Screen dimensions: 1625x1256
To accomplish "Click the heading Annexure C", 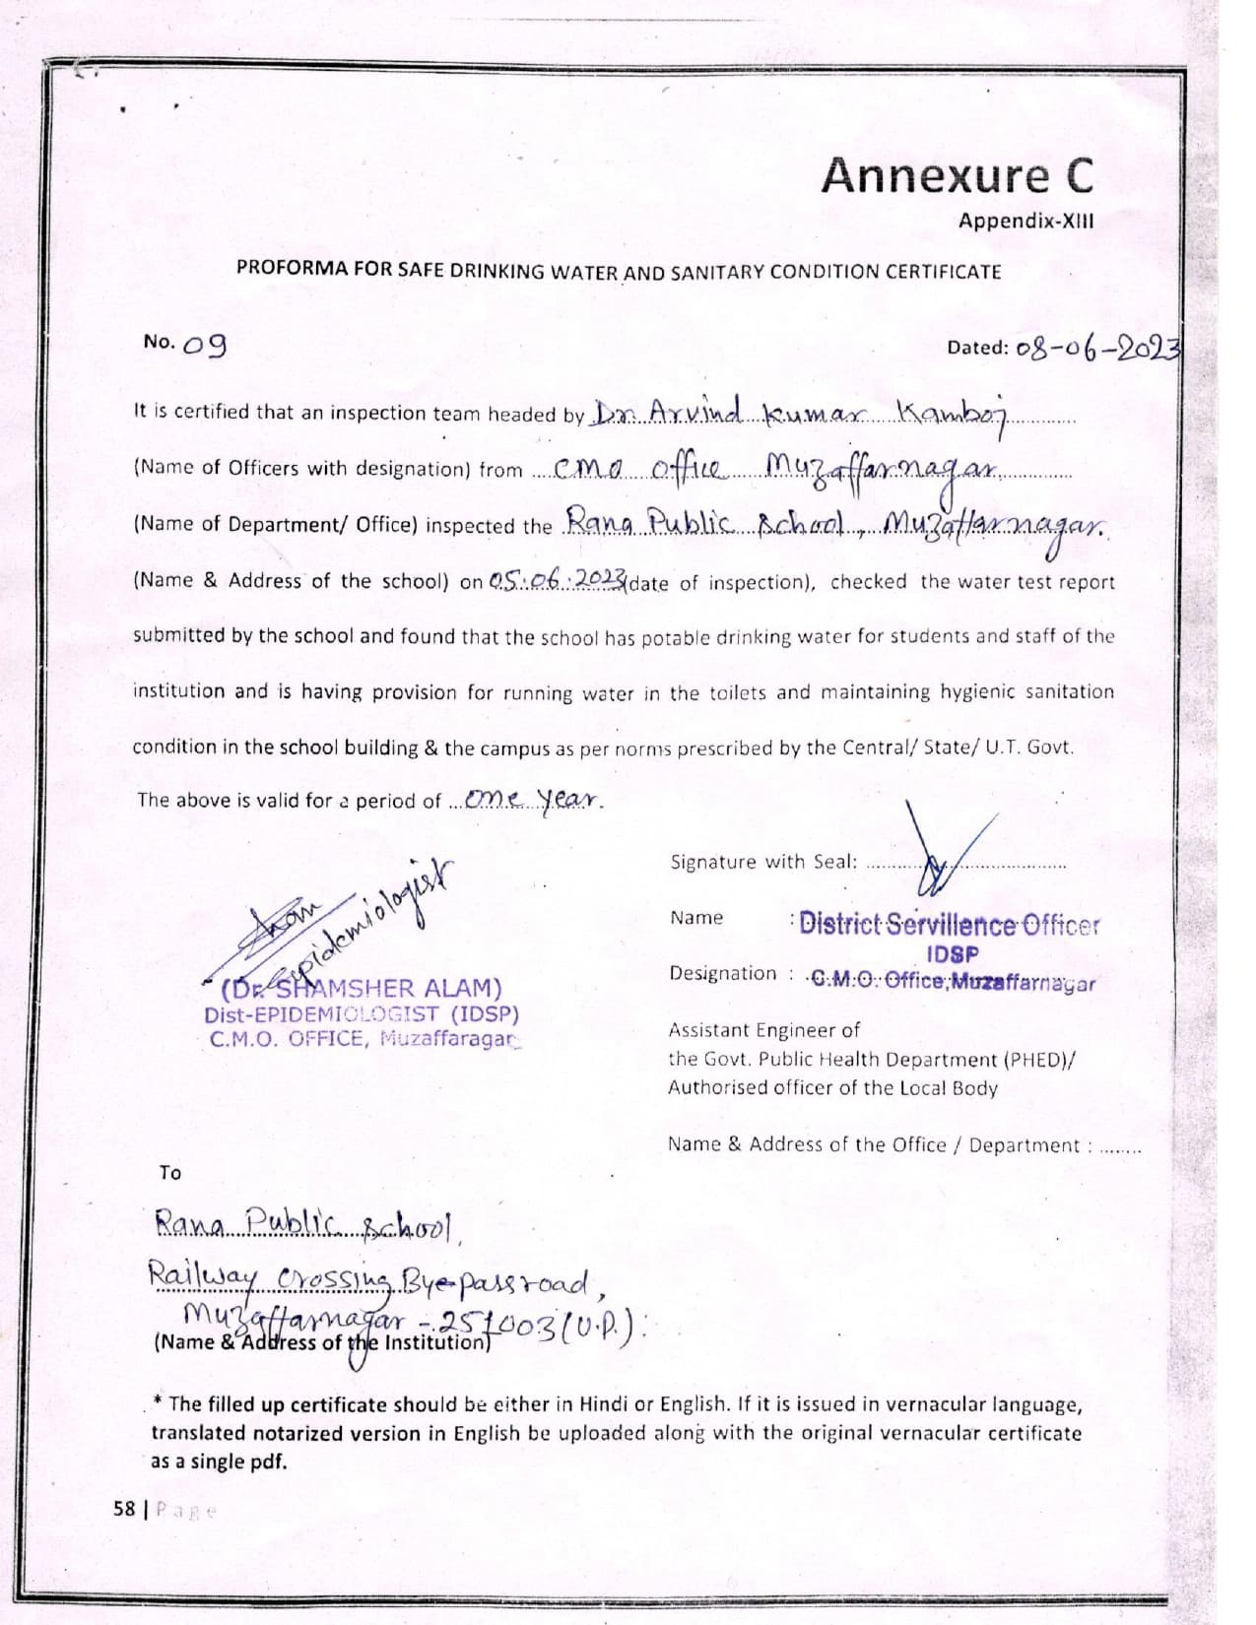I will (957, 176).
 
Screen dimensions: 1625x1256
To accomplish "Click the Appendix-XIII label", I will (1025, 221).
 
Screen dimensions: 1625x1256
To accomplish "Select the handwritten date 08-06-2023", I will (1097, 348).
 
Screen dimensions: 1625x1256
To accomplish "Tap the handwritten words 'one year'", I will (532, 799).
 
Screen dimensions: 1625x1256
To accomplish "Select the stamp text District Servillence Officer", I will (948, 925).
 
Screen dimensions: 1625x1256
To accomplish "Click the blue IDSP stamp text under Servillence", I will (953, 954).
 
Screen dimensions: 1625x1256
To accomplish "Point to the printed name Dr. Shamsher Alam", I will (363, 988).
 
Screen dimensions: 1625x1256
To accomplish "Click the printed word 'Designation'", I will (723, 973).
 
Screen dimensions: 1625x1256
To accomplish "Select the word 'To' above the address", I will (170, 1173).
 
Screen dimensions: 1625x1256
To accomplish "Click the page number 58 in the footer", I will (124, 1509).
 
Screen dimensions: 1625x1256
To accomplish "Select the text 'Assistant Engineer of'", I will (763, 1030).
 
